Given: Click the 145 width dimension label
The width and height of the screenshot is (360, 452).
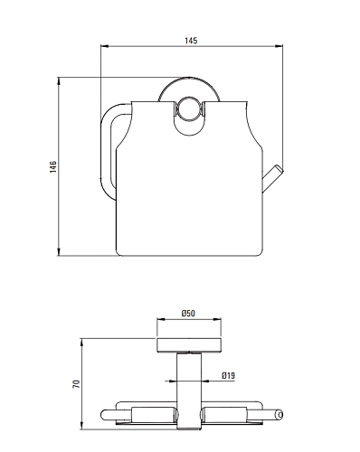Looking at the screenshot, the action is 191,41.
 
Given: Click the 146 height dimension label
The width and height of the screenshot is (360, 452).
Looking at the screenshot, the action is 53,166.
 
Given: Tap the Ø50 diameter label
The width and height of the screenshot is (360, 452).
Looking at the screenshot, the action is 188,314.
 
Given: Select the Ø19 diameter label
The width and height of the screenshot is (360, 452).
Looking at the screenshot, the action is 228,376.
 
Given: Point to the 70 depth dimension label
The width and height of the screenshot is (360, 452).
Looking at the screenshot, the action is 76,383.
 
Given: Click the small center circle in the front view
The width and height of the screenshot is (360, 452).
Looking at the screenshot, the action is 188,109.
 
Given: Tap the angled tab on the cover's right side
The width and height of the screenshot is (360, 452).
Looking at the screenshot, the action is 272,178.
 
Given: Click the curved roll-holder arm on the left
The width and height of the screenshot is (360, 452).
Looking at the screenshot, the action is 109,151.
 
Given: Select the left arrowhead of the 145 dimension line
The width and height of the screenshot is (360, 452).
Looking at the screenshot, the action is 104,46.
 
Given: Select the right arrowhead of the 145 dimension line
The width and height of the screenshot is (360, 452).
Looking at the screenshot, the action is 279,46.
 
